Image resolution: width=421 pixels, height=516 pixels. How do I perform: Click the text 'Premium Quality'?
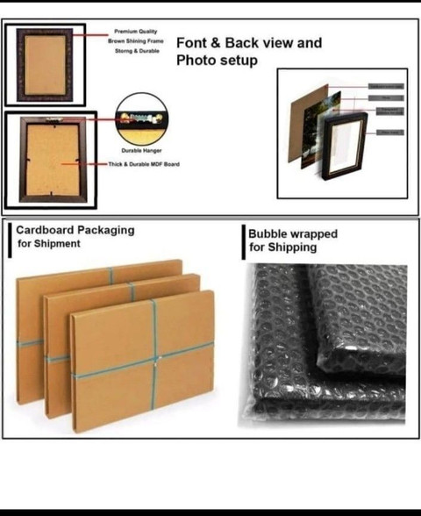[x=135, y=31]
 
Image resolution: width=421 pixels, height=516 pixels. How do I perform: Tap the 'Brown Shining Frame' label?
[x=135, y=40]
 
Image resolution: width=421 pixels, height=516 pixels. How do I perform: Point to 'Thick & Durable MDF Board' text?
[x=144, y=163]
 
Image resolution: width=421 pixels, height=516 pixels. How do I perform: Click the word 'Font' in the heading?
[x=191, y=43]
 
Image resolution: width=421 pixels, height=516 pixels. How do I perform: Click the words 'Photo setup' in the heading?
[x=217, y=61]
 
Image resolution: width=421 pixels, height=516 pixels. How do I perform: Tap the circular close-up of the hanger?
[x=141, y=119]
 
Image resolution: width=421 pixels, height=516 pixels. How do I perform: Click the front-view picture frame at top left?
[x=45, y=66]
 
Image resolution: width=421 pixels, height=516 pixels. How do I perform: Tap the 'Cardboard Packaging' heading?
[x=76, y=230]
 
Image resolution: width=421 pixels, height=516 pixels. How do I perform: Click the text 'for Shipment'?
[x=49, y=243]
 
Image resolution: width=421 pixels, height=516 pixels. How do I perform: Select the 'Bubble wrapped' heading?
[x=292, y=234]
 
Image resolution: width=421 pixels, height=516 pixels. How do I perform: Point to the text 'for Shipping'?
[x=281, y=247]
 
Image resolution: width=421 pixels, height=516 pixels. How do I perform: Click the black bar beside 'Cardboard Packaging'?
[x=12, y=237]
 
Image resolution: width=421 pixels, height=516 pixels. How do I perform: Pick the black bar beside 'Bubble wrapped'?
[x=244, y=241]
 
